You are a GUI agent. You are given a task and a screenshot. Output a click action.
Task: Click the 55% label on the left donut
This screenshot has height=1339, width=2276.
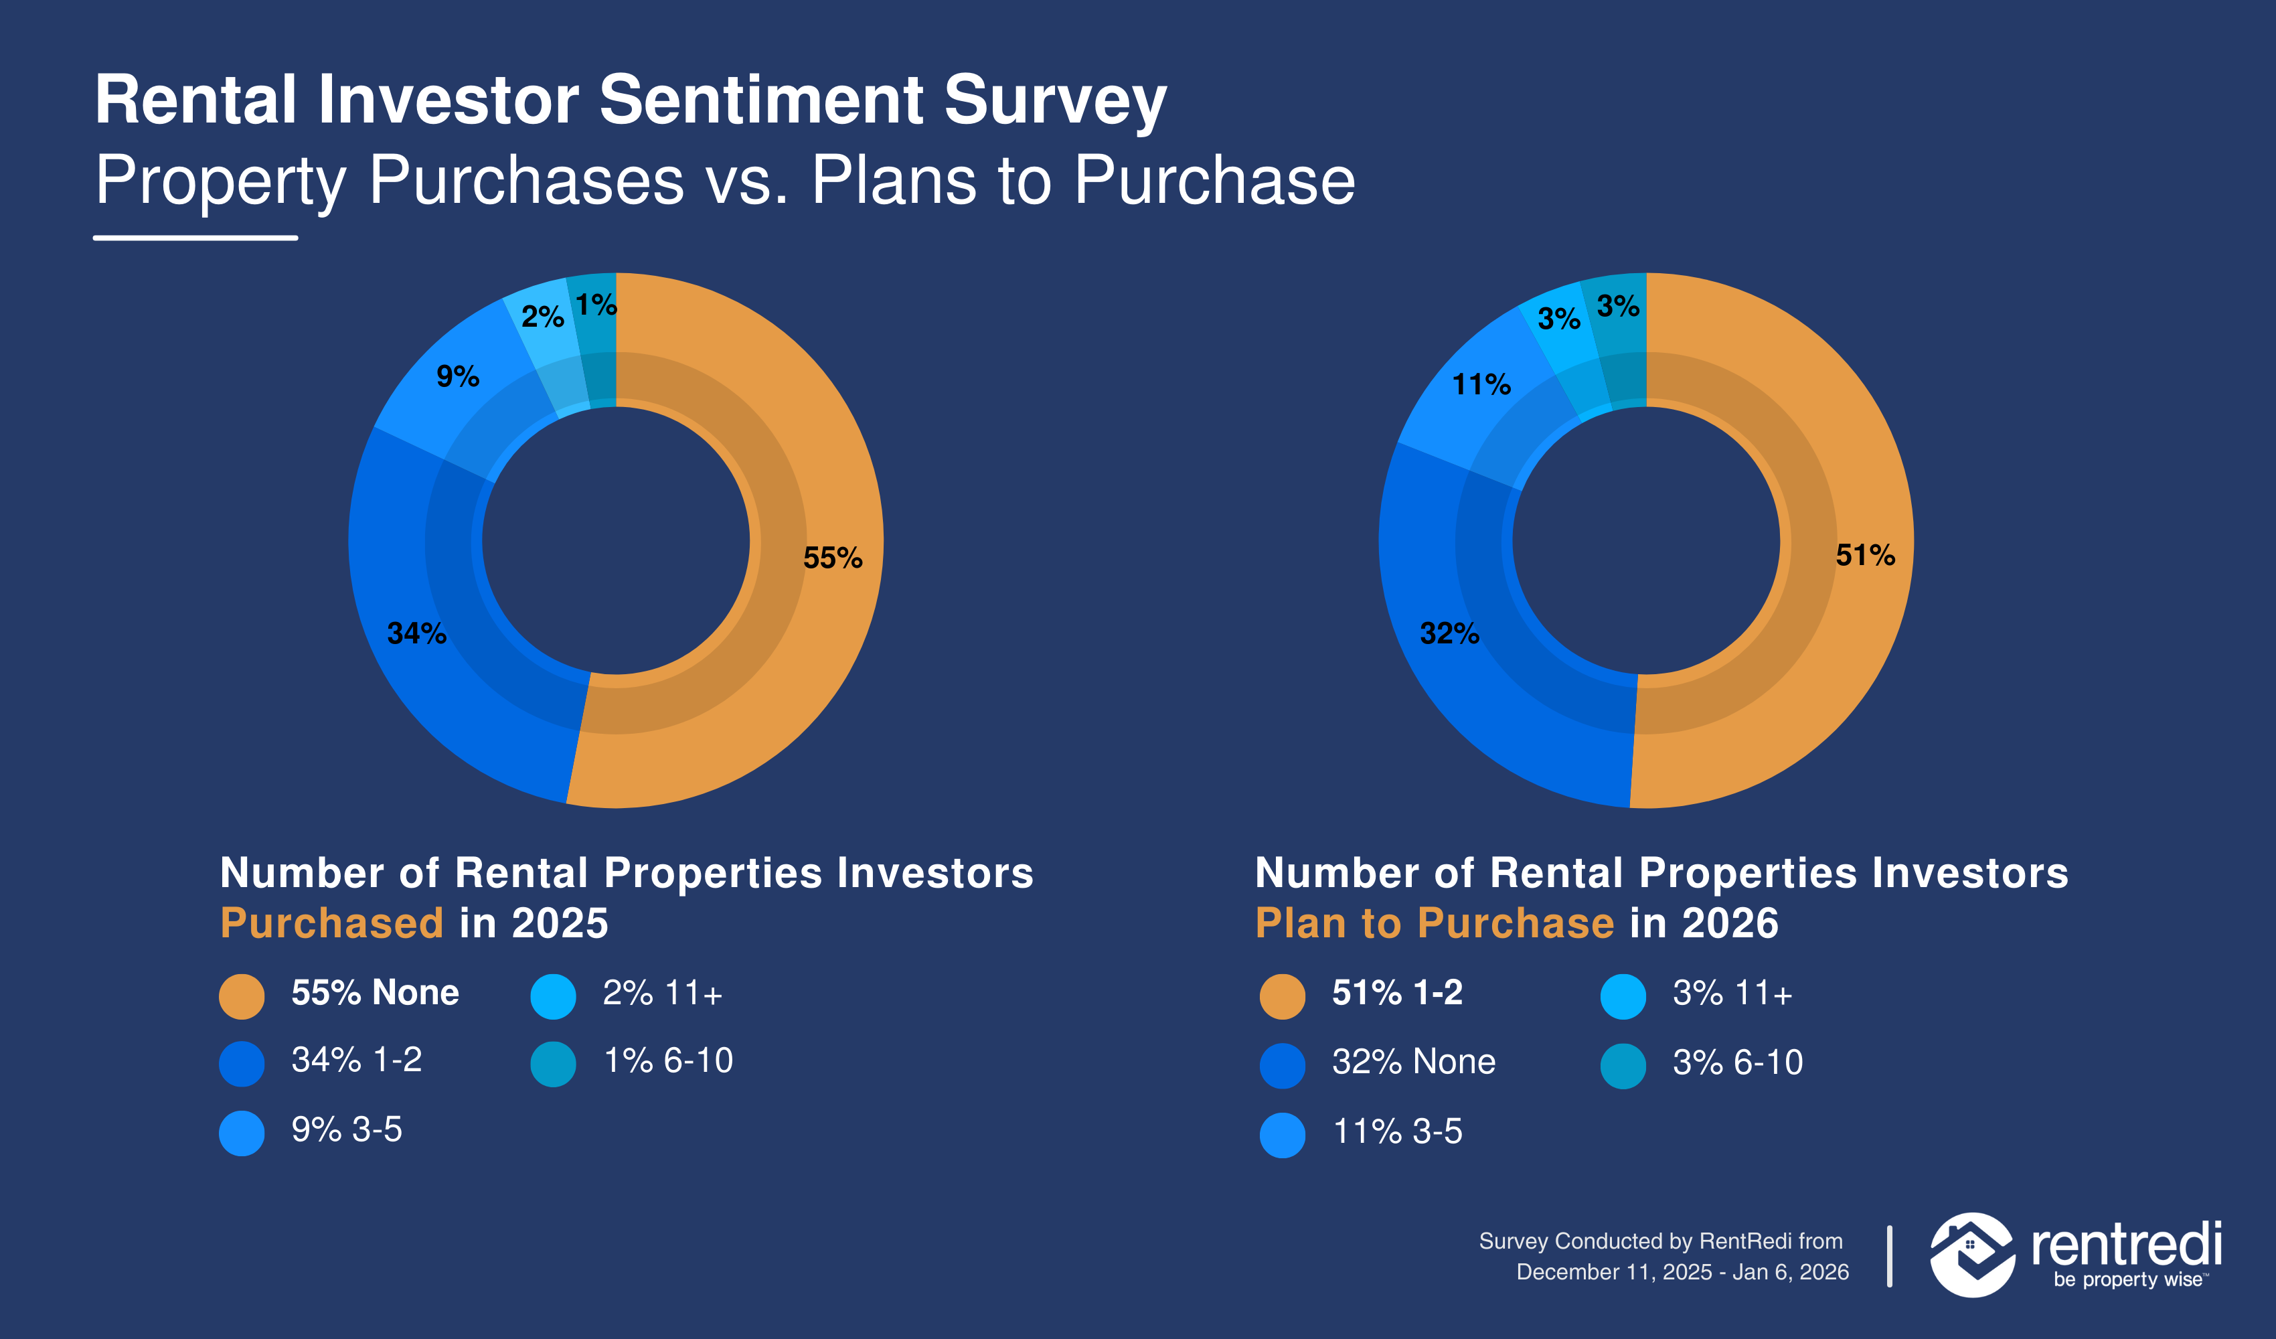(x=832, y=558)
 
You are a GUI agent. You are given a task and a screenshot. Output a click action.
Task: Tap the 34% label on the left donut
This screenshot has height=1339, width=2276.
(x=416, y=633)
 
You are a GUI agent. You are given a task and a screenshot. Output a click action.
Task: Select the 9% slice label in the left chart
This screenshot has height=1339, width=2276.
(x=457, y=376)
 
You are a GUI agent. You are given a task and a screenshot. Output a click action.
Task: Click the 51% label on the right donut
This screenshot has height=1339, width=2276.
(x=1864, y=555)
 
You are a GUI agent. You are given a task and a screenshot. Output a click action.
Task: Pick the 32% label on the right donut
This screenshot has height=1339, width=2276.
(x=1449, y=633)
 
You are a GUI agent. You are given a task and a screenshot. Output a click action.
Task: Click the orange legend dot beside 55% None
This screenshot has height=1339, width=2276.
(x=242, y=996)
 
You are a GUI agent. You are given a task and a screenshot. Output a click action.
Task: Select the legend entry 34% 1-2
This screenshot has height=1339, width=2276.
(x=356, y=1060)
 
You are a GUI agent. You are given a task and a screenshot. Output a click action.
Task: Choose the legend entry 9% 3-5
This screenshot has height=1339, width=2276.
(x=346, y=1129)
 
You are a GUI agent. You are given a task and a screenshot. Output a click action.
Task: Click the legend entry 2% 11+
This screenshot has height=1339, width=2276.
(x=662, y=994)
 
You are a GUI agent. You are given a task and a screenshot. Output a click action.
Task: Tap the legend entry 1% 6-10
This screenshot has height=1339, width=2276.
(x=667, y=1060)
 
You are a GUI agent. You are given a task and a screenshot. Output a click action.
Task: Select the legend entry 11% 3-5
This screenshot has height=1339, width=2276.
(x=1397, y=1131)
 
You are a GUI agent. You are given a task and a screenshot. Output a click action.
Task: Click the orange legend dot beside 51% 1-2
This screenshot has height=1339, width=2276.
(x=1282, y=996)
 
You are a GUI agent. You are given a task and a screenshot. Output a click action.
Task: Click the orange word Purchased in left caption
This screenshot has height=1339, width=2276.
(x=331, y=923)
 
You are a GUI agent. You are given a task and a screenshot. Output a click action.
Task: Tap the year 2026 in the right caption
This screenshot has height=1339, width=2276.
(x=1730, y=923)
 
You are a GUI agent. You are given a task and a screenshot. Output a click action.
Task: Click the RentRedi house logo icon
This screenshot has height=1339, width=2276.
(x=1971, y=1254)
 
